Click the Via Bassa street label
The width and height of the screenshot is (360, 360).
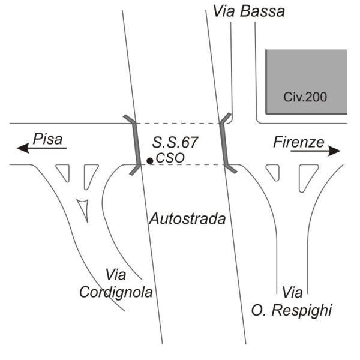249,11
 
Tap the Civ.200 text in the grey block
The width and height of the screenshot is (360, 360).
305,97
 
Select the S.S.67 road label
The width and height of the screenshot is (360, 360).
175,142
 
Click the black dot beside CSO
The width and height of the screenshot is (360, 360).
150,161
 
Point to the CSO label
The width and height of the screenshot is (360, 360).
170,158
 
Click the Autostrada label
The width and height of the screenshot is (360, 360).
187,219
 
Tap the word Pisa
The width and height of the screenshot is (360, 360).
48,139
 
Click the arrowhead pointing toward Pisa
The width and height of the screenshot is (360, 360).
23,148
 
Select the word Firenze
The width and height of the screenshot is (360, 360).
299,142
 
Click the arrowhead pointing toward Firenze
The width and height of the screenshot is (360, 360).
334,151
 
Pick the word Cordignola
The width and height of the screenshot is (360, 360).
116,292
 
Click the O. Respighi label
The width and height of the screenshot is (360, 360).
292,310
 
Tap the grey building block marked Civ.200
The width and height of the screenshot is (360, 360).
306,82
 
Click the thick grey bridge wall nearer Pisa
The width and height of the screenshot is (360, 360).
136,145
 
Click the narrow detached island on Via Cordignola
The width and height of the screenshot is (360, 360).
84,209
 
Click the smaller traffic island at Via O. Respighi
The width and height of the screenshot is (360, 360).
274,172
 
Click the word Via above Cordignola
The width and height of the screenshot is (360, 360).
116,275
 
